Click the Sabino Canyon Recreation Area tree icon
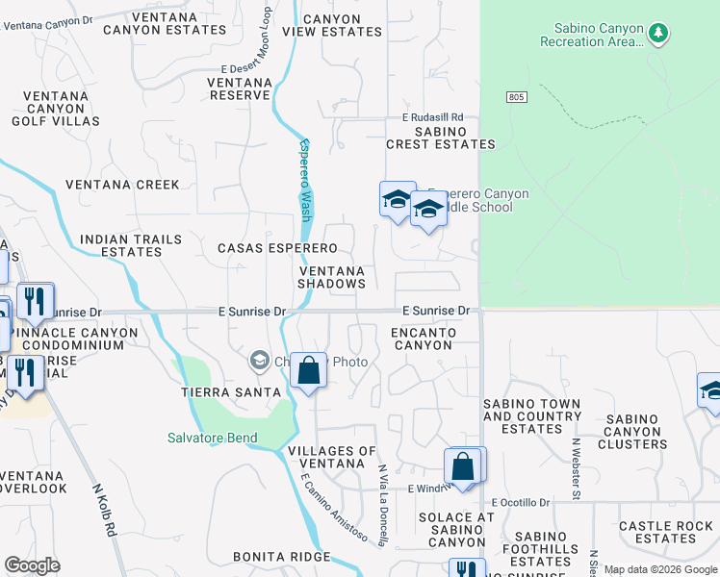pyautogui.click(x=658, y=34)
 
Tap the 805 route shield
pyautogui.click(x=517, y=97)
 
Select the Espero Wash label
pyautogui.click(x=305, y=181)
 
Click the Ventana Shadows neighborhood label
pyautogui.click(x=331, y=277)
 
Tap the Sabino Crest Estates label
pyautogui.click(x=440, y=138)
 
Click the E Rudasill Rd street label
pyautogui.click(x=433, y=117)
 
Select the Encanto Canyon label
pyautogui.click(x=423, y=339)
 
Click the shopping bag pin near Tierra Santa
pyautogui.click(x=308, y=371)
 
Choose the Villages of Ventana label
pyautogui.click(x=332, y=458)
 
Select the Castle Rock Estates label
pyautogui.click(x=665, y=532)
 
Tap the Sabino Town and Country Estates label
pyautogui.click(x=531, y=416)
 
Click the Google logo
pyautogui.click(x=32, y=565)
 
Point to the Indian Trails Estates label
pyautogui.click(x=120, y=245)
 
